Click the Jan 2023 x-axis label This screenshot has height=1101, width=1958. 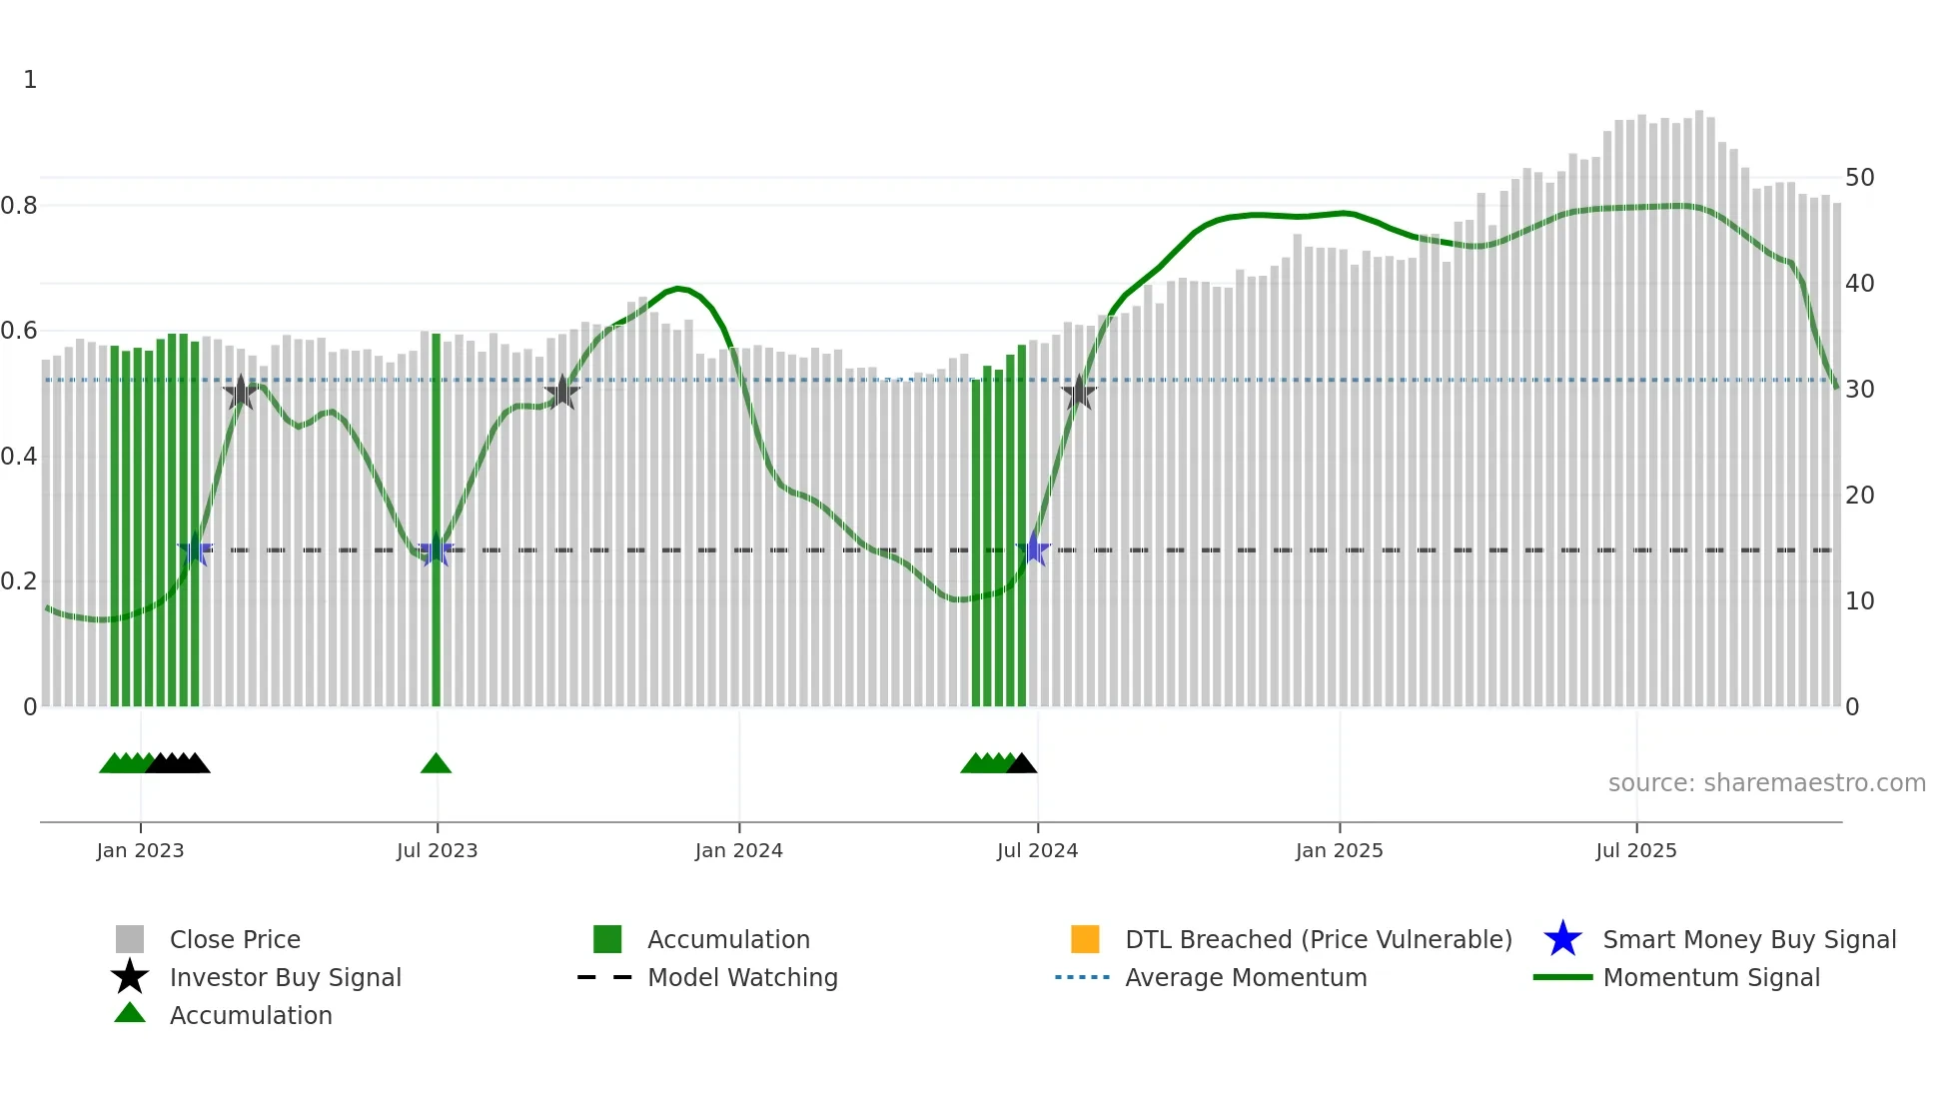[x=140, y=850]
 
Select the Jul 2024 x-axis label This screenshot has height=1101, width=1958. [x=1037, y=850]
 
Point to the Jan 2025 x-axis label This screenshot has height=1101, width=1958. [x=1339, y=850]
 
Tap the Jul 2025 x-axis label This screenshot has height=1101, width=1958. [x=1635, y=850]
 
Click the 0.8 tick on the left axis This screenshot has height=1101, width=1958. [x=19, y=206]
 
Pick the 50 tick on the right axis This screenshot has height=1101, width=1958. [x=1859, y=178]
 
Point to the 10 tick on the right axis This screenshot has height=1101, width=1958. [x=1859, y=601]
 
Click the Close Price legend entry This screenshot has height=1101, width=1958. [x=235, y=939]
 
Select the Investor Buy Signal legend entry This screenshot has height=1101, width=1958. [x=285, y=977]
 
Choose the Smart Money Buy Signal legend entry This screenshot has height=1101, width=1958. [x=1748, y=939]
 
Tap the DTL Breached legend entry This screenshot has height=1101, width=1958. [x=1318, y=939]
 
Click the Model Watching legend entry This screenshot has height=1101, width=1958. [x=742, y=977]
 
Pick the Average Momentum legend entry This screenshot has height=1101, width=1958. [x=1246, y=977]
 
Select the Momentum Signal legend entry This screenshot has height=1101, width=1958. [x=1711, y=977]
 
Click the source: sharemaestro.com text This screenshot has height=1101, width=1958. [x=1766, y=783]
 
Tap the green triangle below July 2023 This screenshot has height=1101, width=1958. [x=436, y=764]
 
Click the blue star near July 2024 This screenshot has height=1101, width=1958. [x=1034, y=550]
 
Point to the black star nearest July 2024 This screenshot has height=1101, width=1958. [x=1079, y=394]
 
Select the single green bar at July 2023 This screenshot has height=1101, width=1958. [x=437, y=520]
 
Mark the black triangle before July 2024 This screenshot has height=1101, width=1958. [x=1021, y=764]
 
